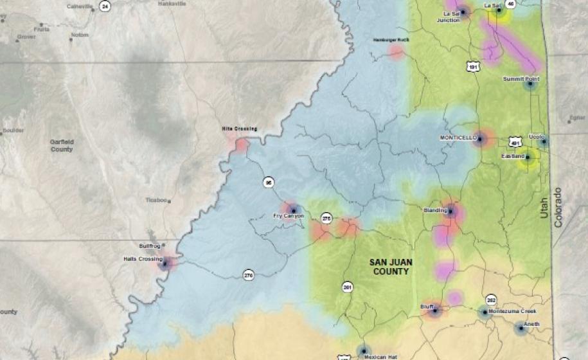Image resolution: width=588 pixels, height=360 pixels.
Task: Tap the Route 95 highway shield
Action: (x=268, y=183)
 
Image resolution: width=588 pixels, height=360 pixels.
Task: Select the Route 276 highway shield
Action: (x=249, y=275)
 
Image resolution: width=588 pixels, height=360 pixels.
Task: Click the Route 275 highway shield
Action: (x=326, y=218)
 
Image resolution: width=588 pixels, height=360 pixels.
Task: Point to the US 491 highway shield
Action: (x=515, y=141)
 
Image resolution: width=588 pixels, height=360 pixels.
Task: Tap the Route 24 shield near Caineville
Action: (x=105, y=6)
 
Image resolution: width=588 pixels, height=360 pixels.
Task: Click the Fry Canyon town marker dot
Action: (x=293, y=209)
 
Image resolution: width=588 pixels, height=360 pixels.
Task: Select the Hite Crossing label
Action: (x=239, y=129)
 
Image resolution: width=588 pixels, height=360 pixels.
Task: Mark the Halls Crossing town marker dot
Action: (x=166, y=263)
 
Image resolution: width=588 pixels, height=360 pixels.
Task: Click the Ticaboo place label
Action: (x=156, y=200)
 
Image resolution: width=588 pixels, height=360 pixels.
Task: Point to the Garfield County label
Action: (x=62, y=145)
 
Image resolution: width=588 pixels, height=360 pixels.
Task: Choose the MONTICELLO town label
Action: (x=458, y=138)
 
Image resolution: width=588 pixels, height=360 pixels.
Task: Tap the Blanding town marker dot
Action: (x=450, y=211)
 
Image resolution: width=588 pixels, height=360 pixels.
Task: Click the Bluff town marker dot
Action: (x=434, y=310)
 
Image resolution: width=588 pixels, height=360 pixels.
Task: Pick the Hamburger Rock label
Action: (x=391, y=40)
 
